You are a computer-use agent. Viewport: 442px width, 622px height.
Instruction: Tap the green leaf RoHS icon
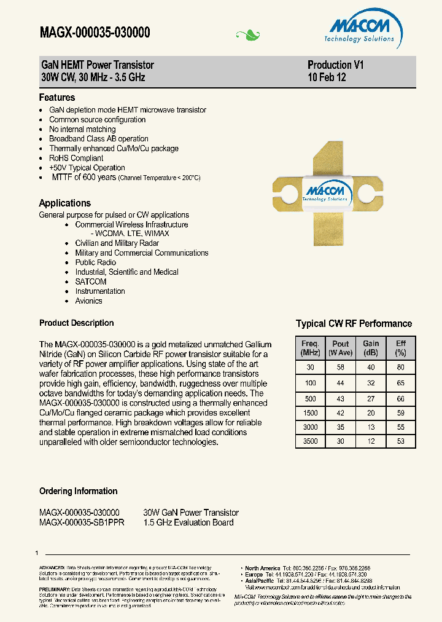[x=248, y=35]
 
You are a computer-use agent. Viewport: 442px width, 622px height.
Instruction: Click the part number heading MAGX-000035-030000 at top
[x=95, y=33]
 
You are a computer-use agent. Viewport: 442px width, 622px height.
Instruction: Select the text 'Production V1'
[x=335, y=65]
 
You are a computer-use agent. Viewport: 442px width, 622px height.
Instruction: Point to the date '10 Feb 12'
[x=327, y=77]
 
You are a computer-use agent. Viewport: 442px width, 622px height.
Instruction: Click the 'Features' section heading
[x=57, y=98]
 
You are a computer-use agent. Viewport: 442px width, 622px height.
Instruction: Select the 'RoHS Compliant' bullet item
[x=76, y=158]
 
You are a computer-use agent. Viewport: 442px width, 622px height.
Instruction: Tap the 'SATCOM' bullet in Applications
[x=90, y=281]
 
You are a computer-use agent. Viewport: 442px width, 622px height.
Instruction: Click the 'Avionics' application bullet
[x=88, y=301]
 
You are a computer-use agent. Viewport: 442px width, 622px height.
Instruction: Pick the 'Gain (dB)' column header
[x=371, y=348]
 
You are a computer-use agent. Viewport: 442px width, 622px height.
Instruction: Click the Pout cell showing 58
[x=340, y=368]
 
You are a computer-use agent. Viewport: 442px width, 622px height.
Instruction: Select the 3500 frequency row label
[x=311, y=441]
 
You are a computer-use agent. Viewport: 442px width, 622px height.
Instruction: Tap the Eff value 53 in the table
[x=400, y=441]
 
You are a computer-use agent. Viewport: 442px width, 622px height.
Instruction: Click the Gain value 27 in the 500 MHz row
[x=371, y=398]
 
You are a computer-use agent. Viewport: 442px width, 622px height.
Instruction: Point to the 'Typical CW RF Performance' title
[x=354, y=324]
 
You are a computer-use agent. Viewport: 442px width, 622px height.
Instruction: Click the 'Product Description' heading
[x=76, y=323]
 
